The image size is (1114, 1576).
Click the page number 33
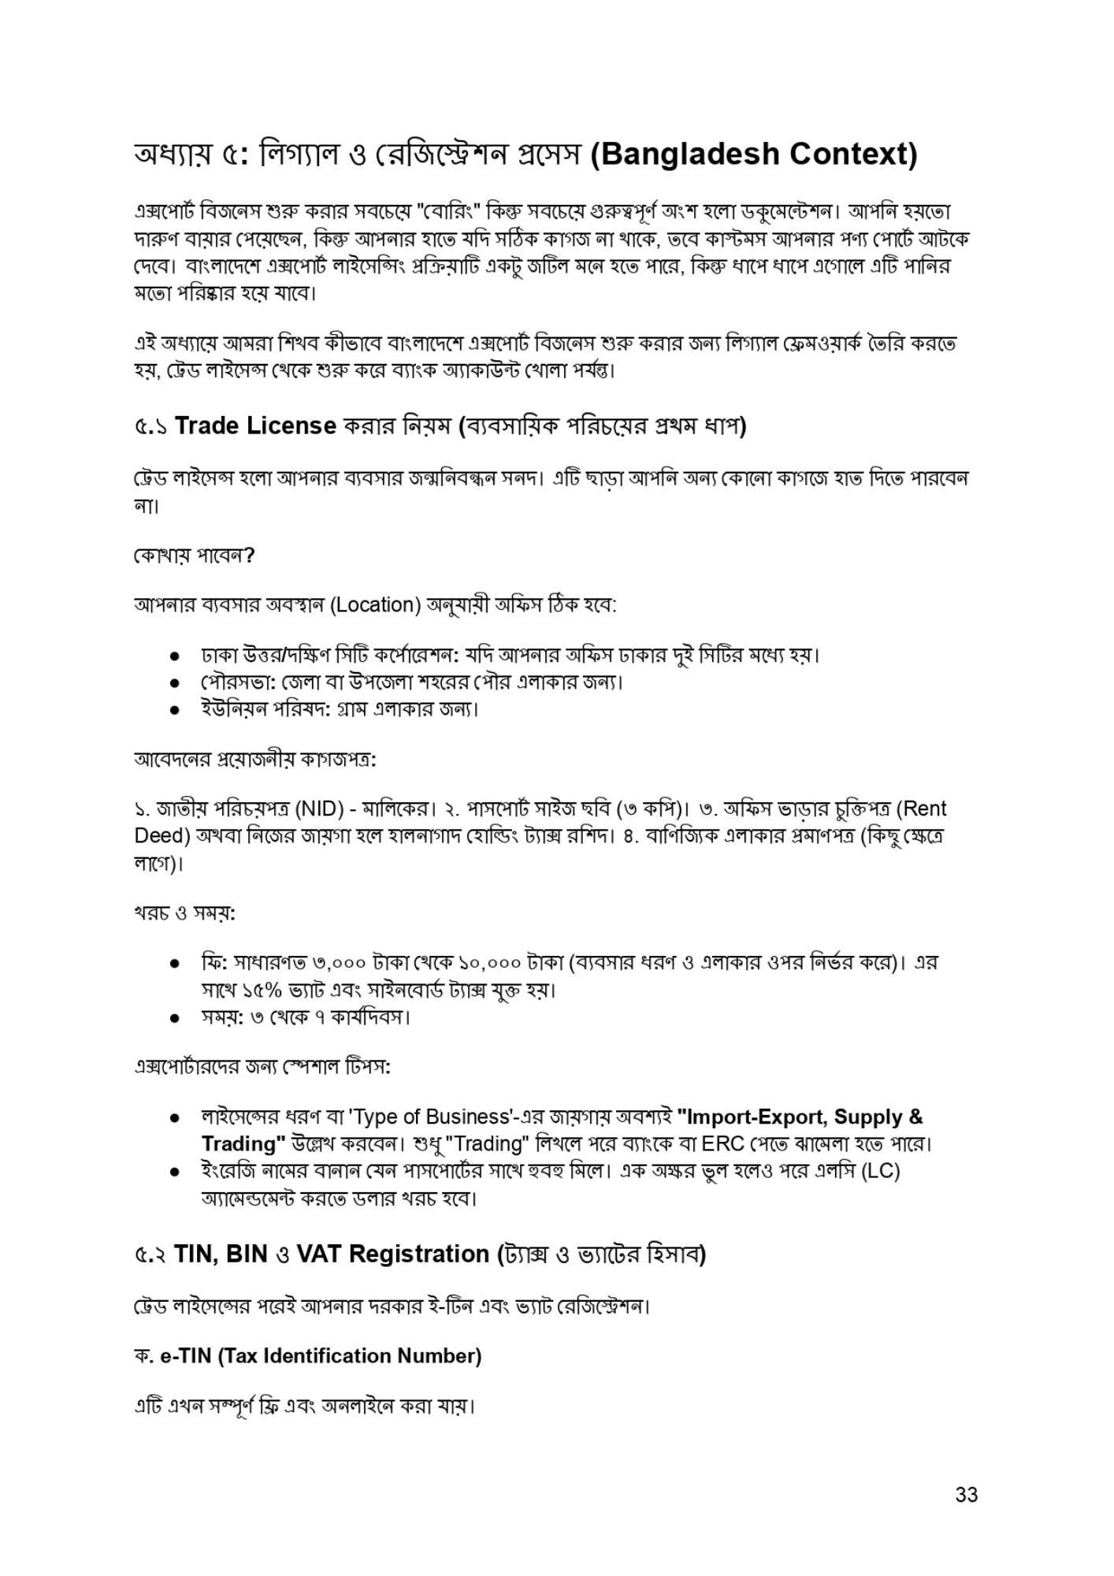pyautogui.click(x=966, y=1495)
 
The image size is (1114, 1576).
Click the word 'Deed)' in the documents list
pyautogui.click(x=160, y=836)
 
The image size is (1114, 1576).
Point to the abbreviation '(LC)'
pyautogui.click(x=881, y=1171)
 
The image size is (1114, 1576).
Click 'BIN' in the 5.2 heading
pyautogui.click(x=247, y=1254)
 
